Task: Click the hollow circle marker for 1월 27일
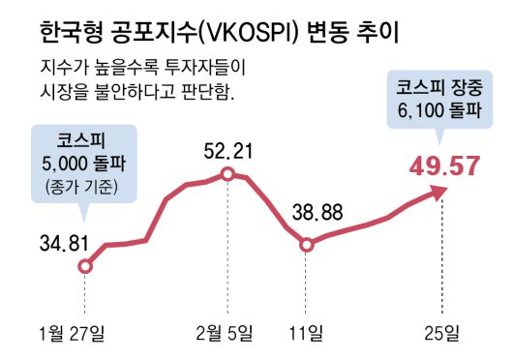coord(85,266)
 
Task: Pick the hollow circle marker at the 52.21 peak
coord(227,174)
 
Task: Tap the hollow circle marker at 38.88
coord(307,245)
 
